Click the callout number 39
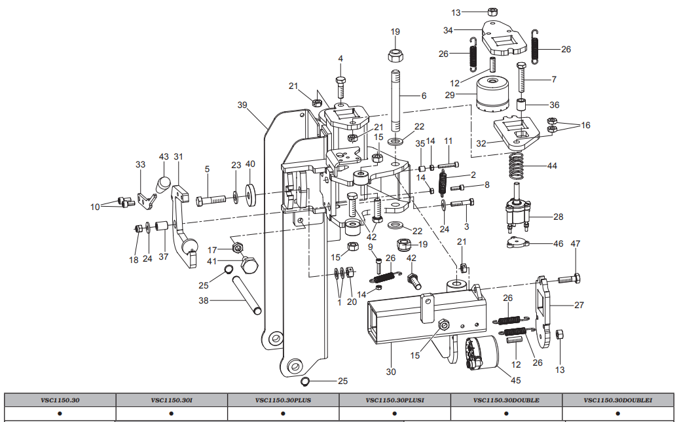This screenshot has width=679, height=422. click(242, 105)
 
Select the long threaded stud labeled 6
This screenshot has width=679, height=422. click(396, 101)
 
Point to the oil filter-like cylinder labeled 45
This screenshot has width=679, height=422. click(482, 353)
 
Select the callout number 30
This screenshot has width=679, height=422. click(391, 372)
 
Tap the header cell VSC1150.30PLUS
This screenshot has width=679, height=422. click(284, 400)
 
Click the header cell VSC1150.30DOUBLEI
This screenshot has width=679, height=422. click(617, 400)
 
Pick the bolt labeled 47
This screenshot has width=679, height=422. click(569, 279)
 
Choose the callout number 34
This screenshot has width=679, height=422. click(448, 30)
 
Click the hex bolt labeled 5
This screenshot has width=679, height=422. click(211, 201)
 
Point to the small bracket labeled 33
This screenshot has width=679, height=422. click(147, 201)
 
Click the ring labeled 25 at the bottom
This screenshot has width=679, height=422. click(305, 381)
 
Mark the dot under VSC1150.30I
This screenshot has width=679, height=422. click(172, 413)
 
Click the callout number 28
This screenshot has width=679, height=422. click(558, 217)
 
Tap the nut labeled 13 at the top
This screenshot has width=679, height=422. click(492, 12)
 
